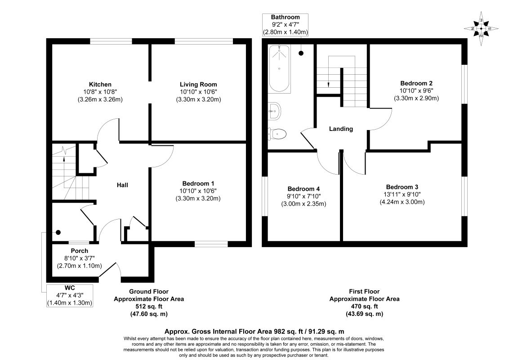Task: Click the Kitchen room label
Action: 100,85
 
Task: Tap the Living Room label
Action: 198,85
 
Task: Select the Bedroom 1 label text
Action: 198,183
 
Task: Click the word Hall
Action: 122,185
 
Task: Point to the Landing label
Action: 341,129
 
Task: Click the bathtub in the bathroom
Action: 279,69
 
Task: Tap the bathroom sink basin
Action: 275,112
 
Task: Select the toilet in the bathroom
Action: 277,134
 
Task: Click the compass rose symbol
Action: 481,29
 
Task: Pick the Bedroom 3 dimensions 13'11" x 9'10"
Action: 402,194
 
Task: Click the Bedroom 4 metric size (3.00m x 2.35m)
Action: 304,204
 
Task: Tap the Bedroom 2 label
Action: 416,83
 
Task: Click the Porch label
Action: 80,251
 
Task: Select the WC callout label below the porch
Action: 70,288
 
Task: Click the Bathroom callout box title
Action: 286,17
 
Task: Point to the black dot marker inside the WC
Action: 58,232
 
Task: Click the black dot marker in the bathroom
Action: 302,53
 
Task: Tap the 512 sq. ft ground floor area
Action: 149,306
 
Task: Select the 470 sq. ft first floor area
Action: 365,306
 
